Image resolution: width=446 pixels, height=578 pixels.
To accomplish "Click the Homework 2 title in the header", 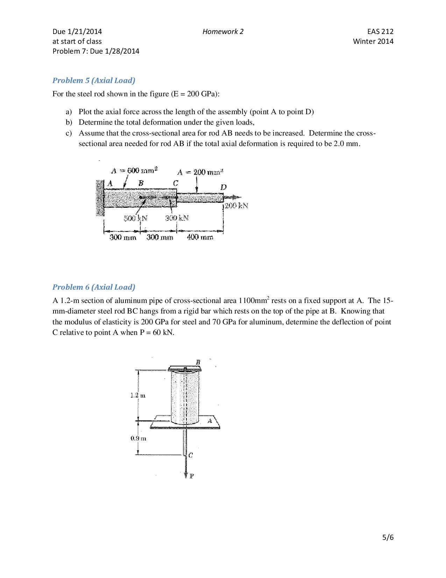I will [x=223, y=32].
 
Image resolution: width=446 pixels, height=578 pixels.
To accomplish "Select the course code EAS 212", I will [x=383, y=32].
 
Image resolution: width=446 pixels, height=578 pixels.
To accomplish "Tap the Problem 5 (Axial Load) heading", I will [x=94, y=80].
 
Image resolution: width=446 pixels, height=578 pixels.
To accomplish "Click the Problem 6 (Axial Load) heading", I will [x=94, y=287].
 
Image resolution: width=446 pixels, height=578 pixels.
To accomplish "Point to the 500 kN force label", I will [x=135, y=218].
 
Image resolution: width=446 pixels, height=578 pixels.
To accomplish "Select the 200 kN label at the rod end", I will [x=236, y=206].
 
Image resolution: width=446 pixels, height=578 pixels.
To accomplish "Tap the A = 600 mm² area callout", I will [x=134, y=171].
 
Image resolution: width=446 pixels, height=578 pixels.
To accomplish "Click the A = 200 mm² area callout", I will [x=200, y=172].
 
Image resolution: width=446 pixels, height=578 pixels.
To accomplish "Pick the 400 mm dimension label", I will [x=200, y=237].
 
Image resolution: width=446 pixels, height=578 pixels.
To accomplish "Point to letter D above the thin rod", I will [x=223, y=187].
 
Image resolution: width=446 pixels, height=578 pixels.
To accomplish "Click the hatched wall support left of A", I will [x=100, y=198].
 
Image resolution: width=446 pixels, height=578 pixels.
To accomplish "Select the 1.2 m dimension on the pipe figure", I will [x=137, y=395].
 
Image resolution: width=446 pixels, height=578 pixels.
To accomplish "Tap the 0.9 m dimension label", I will [x=138, y=438].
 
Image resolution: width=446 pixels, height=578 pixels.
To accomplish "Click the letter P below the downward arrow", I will [x=192, y=476].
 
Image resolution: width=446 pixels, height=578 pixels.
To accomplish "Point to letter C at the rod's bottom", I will [x=191, y=455].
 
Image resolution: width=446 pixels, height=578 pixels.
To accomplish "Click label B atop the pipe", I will [x=198, y=362].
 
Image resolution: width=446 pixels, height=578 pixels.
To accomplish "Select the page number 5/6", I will [x=388, y=537].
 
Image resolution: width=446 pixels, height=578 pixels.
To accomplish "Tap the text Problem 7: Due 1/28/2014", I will [x=96, y=51].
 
